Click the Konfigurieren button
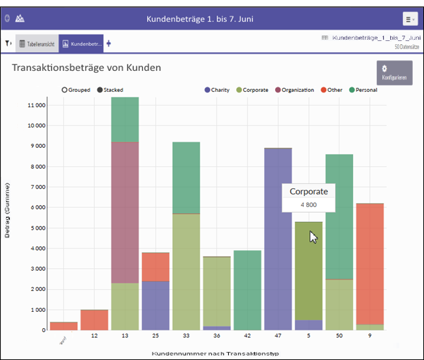tap(394, 72)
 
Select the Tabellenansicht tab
tap(36, 44)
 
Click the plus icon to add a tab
tap(109, 44)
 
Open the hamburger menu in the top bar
tap(410, 19)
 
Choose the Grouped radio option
tap(65, 90)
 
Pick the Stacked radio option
tap(99, 90)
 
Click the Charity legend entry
tap(217, 90)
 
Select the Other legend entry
tap(331, 90)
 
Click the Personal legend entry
tap(363, 90)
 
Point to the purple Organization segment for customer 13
tap(126, 212)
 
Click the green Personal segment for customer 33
tap(187, 177)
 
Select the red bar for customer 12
tap(95, 320)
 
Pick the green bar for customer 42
tap(248, 290)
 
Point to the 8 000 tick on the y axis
tap(36, 167)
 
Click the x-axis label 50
tap(339, 336)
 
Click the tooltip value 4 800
tap(308, 204)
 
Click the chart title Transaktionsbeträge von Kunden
tap(86, 67)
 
